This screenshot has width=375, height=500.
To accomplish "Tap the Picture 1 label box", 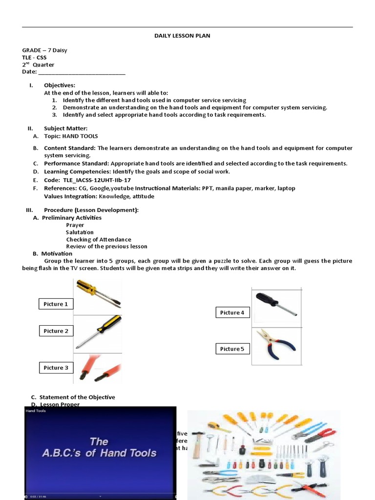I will pos(56,304).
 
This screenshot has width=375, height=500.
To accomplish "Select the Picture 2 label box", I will pos(56,331).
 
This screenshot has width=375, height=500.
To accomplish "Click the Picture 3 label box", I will pos(56,368).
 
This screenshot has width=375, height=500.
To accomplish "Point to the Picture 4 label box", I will pos(232,312).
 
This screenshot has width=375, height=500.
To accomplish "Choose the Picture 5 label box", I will pos(232,349).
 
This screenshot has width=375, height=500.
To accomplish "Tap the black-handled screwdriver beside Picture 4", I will pos(275,304).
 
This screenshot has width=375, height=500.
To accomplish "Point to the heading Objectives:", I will pos(60,85).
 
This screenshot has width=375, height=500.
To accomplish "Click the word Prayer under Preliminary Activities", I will pos(75,225).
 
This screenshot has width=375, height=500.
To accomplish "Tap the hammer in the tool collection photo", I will pos(199,444).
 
